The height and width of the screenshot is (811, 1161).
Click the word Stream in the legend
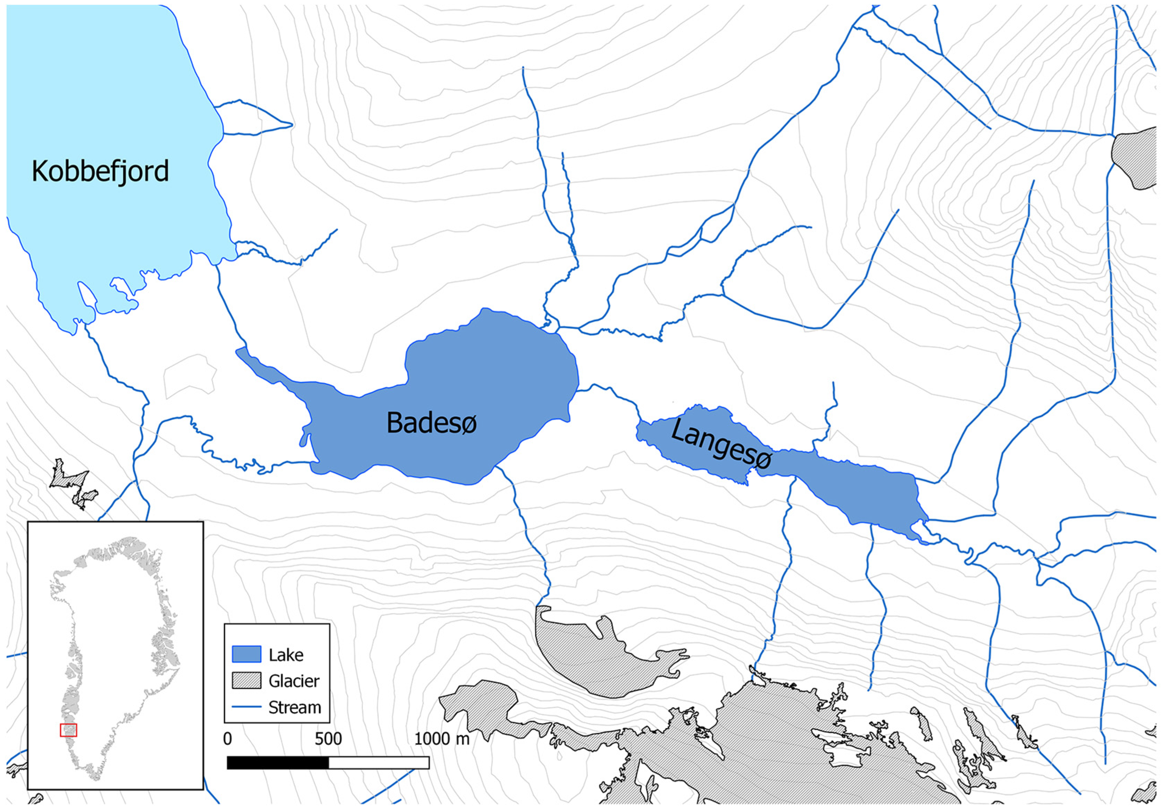click(295, 707)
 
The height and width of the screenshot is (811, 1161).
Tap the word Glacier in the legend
click(294, 681)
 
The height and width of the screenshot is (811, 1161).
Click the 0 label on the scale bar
click(227, 739)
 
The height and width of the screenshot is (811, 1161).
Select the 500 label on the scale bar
click(328, 739)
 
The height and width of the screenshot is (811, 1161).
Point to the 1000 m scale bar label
click(441, 739)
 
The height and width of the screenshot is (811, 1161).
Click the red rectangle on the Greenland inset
click(68, 730)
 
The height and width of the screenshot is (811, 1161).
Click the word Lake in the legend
click(286, 655)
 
